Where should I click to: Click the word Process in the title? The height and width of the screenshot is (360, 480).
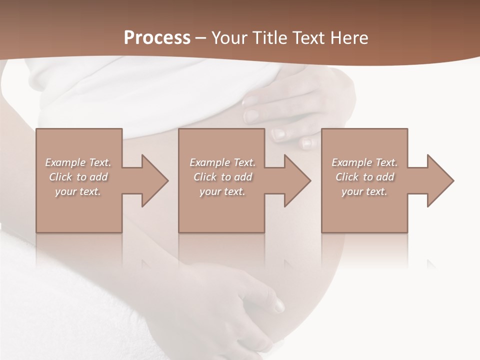click(157, 37)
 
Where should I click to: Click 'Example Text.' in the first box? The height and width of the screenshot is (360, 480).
click(78, 162)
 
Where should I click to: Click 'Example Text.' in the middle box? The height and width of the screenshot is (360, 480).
click(222, 162)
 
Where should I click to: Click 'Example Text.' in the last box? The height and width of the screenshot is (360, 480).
click(364, 162)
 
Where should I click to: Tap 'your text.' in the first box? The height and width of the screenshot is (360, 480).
click(78, 191)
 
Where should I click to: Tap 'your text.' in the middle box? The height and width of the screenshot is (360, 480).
click(222, 191)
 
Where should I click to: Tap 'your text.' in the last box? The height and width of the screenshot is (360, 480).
click(364, 191)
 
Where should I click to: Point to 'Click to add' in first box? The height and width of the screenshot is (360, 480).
click(78, 177)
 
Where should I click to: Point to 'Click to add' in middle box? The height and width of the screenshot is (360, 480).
click(222, 177)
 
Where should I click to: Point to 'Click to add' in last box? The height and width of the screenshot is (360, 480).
click(364, 177)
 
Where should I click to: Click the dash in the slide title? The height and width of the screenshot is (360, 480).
click(201, 38)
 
